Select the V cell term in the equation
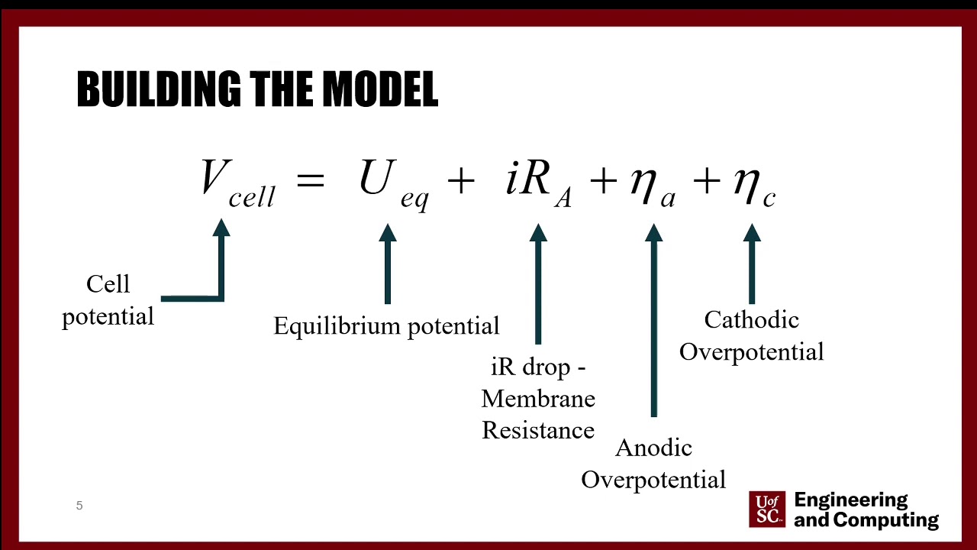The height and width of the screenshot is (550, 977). coord(237,183)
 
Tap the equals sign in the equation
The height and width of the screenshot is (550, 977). coord(310,182)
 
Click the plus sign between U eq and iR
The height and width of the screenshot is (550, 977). coord(461,182)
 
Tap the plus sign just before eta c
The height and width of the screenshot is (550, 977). coord(707,182)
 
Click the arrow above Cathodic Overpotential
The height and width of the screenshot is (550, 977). coord(752,264)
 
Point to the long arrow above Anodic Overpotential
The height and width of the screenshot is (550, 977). coord(653,321)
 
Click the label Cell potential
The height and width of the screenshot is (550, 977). coord(108,299)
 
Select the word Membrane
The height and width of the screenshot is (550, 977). coord(538,399)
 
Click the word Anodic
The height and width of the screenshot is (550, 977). coord(653,448)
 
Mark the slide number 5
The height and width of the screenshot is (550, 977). coord(79,506)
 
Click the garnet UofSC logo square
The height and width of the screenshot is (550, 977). coord(767,509)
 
